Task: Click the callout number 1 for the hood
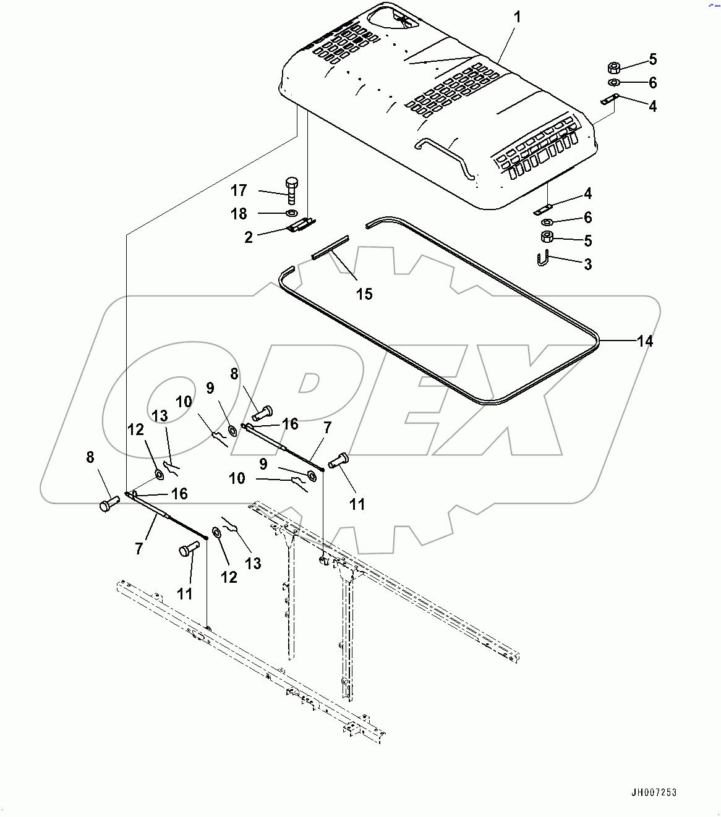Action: point(517,17)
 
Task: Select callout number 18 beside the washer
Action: point(239,214)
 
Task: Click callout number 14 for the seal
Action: point(644,341)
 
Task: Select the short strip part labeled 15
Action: point(330,246)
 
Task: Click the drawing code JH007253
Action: point(654,792)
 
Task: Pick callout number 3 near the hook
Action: point(587,265)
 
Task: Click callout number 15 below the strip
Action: point(364,294)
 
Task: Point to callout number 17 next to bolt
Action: point(239,190)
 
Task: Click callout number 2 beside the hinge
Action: point(249,237)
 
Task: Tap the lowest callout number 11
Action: point(184,594)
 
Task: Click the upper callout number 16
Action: point(290,424)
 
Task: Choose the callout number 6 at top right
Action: point(652,83)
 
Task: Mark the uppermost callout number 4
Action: point(652,106)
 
